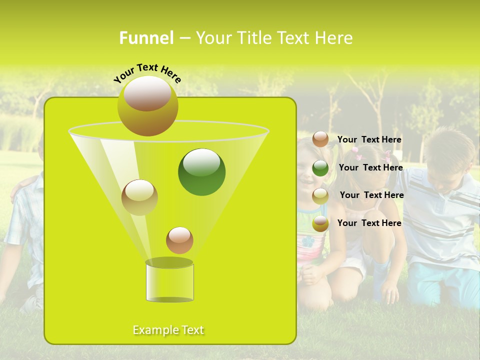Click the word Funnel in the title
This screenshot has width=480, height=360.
[x=146, y=38]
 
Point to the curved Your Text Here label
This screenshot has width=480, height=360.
[x=147, y=72]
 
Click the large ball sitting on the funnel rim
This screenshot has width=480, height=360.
[x=147, y=105]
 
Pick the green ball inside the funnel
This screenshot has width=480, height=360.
[x=201, y=171]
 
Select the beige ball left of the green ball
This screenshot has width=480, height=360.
[x=139, y=197]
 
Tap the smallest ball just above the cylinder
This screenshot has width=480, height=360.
[x=179, y=240]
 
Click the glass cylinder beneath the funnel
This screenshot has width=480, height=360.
[x=169, y=281]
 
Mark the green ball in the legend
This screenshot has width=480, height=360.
[x=320, y=168]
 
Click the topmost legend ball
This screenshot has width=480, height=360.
[x=320, y=139]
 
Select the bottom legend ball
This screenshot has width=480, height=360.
[x=320, y=223]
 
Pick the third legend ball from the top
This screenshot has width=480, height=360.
[x=320, y=196]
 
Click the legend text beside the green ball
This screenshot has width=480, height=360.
[x=370, y=168]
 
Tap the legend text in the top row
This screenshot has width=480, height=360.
[x=369, y=140]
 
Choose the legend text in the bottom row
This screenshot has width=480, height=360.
[x=369, y=223]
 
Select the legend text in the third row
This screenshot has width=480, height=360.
[x=371, y=195]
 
